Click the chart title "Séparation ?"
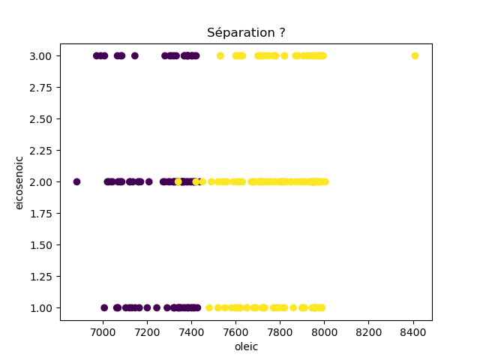[x=246, y=33]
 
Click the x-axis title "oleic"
[x=246, y=346]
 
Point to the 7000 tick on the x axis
[x=103, y=331]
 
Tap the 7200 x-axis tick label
[x=147, y=331]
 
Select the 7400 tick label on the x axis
[x=191, y=331]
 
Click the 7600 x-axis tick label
[x=235, y=331]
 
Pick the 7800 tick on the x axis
[x=280, y=331]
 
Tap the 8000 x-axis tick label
[x=324, y=331]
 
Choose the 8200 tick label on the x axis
[x=368, y=331]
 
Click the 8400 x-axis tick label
[x=413, y=331]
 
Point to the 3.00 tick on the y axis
[x=42, y=55]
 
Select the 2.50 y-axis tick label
[x=42, y=118]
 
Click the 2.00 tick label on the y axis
[x=42, y=181]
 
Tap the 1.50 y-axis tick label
[x=42, y=244]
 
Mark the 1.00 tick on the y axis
[x=42, y=307]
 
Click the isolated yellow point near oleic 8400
[x=415, y=55]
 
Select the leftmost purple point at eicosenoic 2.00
[x=76, y=181]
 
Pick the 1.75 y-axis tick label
[x=42, y=213]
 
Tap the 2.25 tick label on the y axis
[x=42, y=150]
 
